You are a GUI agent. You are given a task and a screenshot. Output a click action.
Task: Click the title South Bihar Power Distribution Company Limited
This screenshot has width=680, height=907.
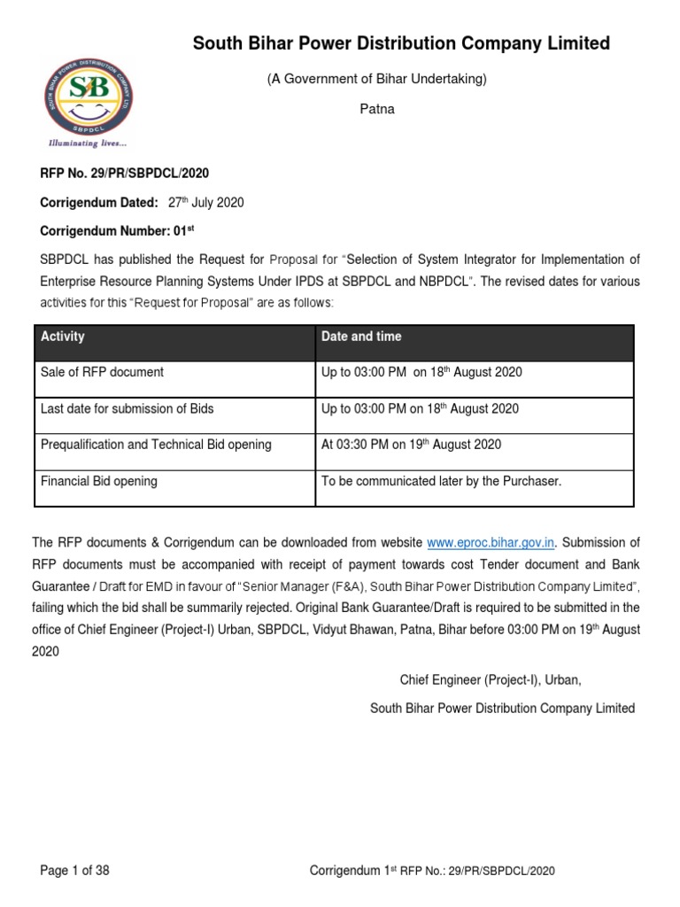pos(401,43)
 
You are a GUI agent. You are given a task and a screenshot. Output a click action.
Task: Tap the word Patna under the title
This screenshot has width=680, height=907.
pos(376,110)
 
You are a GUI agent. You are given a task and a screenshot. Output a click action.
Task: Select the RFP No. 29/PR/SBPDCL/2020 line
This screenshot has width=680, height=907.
pos(125,174)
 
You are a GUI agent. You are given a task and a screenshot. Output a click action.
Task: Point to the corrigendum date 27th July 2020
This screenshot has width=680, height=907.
pos(205,203)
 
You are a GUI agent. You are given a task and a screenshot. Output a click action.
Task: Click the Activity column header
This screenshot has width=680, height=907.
pos(63,337)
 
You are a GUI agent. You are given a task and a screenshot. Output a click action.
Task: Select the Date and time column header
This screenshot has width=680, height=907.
pos(361,337)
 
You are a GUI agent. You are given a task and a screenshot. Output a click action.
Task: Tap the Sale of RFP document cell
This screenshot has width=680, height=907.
pos(102,373)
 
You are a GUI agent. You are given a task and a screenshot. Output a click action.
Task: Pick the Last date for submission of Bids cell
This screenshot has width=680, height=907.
pos(127,409)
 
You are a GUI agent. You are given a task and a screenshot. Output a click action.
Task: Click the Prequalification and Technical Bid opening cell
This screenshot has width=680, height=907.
pos(156,445)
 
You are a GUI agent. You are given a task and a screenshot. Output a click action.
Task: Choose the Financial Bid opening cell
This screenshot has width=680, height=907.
pos(99,482)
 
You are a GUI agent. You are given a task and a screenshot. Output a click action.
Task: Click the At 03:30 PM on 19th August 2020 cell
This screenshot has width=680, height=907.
pos(411,445)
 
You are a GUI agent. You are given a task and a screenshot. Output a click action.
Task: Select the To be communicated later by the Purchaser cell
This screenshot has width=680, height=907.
pos(441,482)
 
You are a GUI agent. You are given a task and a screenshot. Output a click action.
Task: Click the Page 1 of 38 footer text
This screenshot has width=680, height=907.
pos(75,871)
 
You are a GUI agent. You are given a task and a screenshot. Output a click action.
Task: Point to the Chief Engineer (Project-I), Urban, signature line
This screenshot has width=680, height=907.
pos(490,680)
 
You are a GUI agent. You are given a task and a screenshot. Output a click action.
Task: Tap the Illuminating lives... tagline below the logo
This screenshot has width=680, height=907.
pos(88,143)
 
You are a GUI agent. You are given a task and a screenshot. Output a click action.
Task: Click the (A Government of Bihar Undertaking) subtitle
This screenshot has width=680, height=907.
pos(376,80)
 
